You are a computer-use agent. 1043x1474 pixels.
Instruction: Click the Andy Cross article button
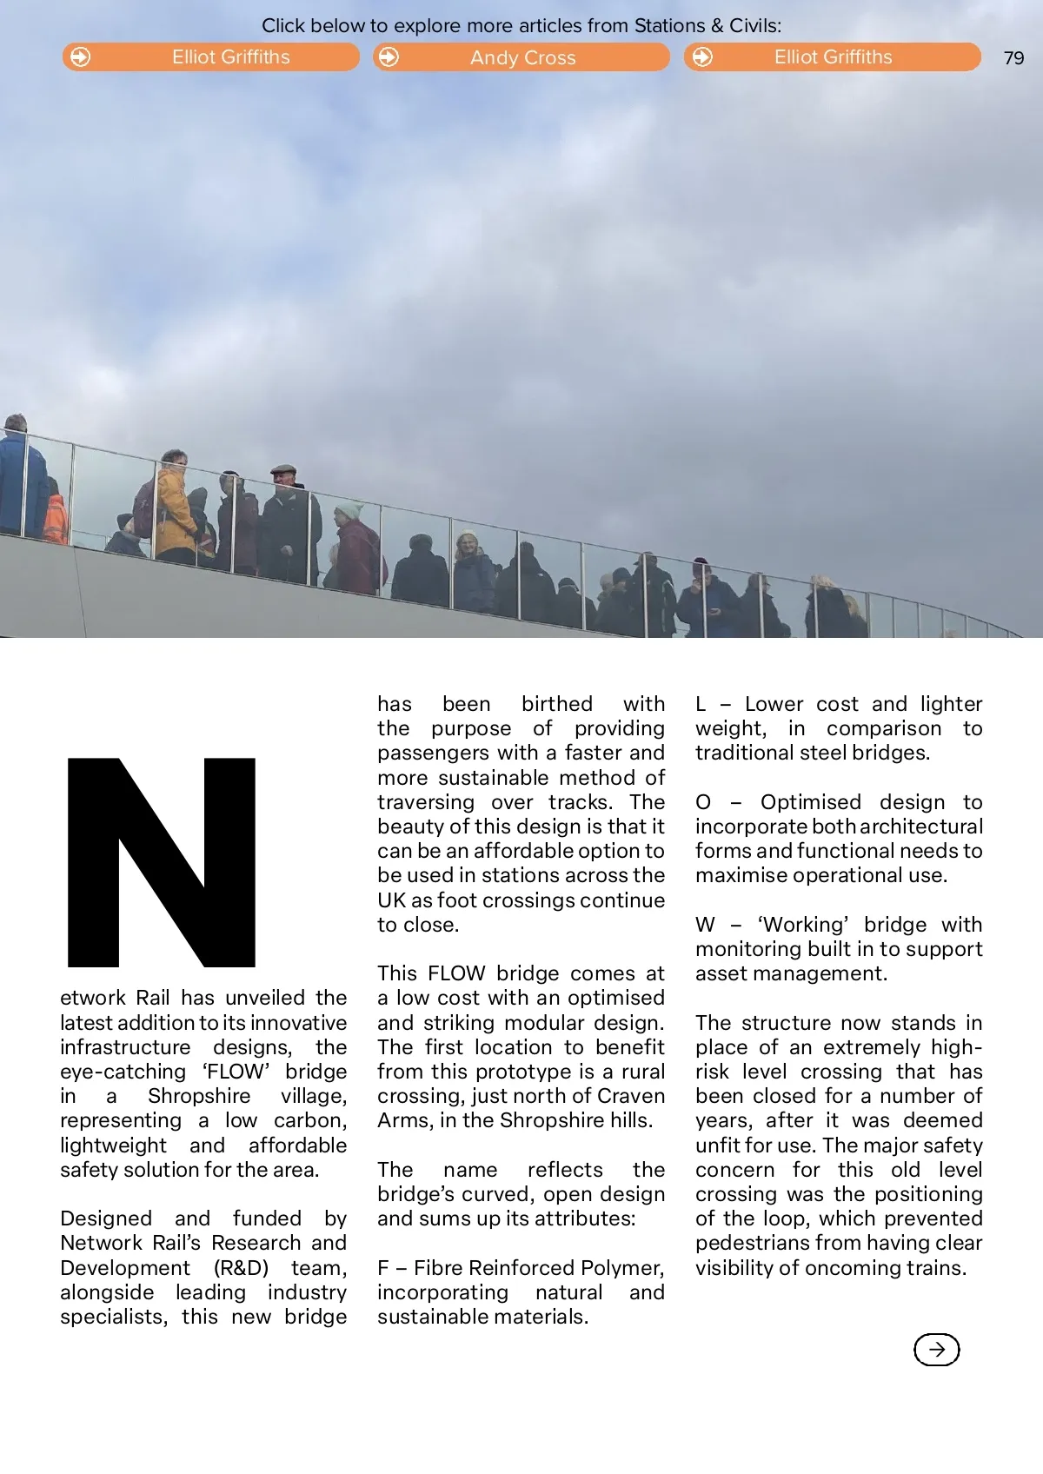point(521,57)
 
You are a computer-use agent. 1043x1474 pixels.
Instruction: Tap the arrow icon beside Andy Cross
point(389,57)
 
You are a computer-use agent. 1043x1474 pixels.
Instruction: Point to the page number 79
point(1013,58)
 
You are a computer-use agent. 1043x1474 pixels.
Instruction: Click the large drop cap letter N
point(162,862)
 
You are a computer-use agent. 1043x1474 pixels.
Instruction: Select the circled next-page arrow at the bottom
point(936,1350)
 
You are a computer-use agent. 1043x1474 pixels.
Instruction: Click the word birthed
point(556,704)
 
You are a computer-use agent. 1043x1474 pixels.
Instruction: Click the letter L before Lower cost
point(701,704)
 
